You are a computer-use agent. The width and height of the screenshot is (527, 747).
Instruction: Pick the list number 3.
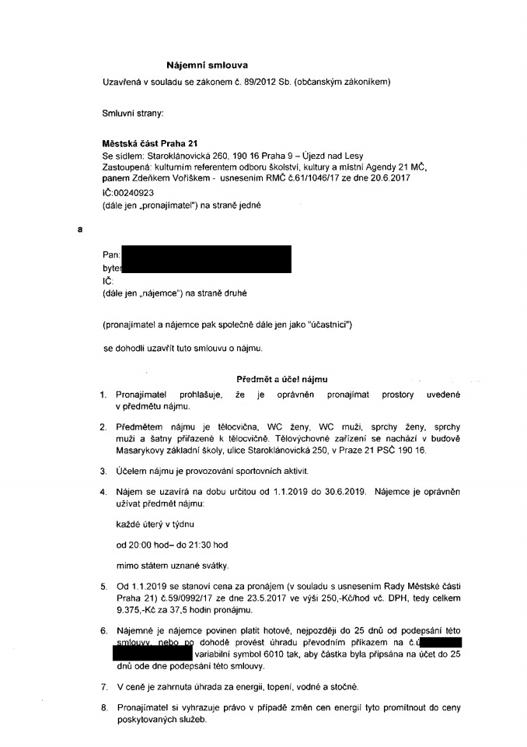105,471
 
